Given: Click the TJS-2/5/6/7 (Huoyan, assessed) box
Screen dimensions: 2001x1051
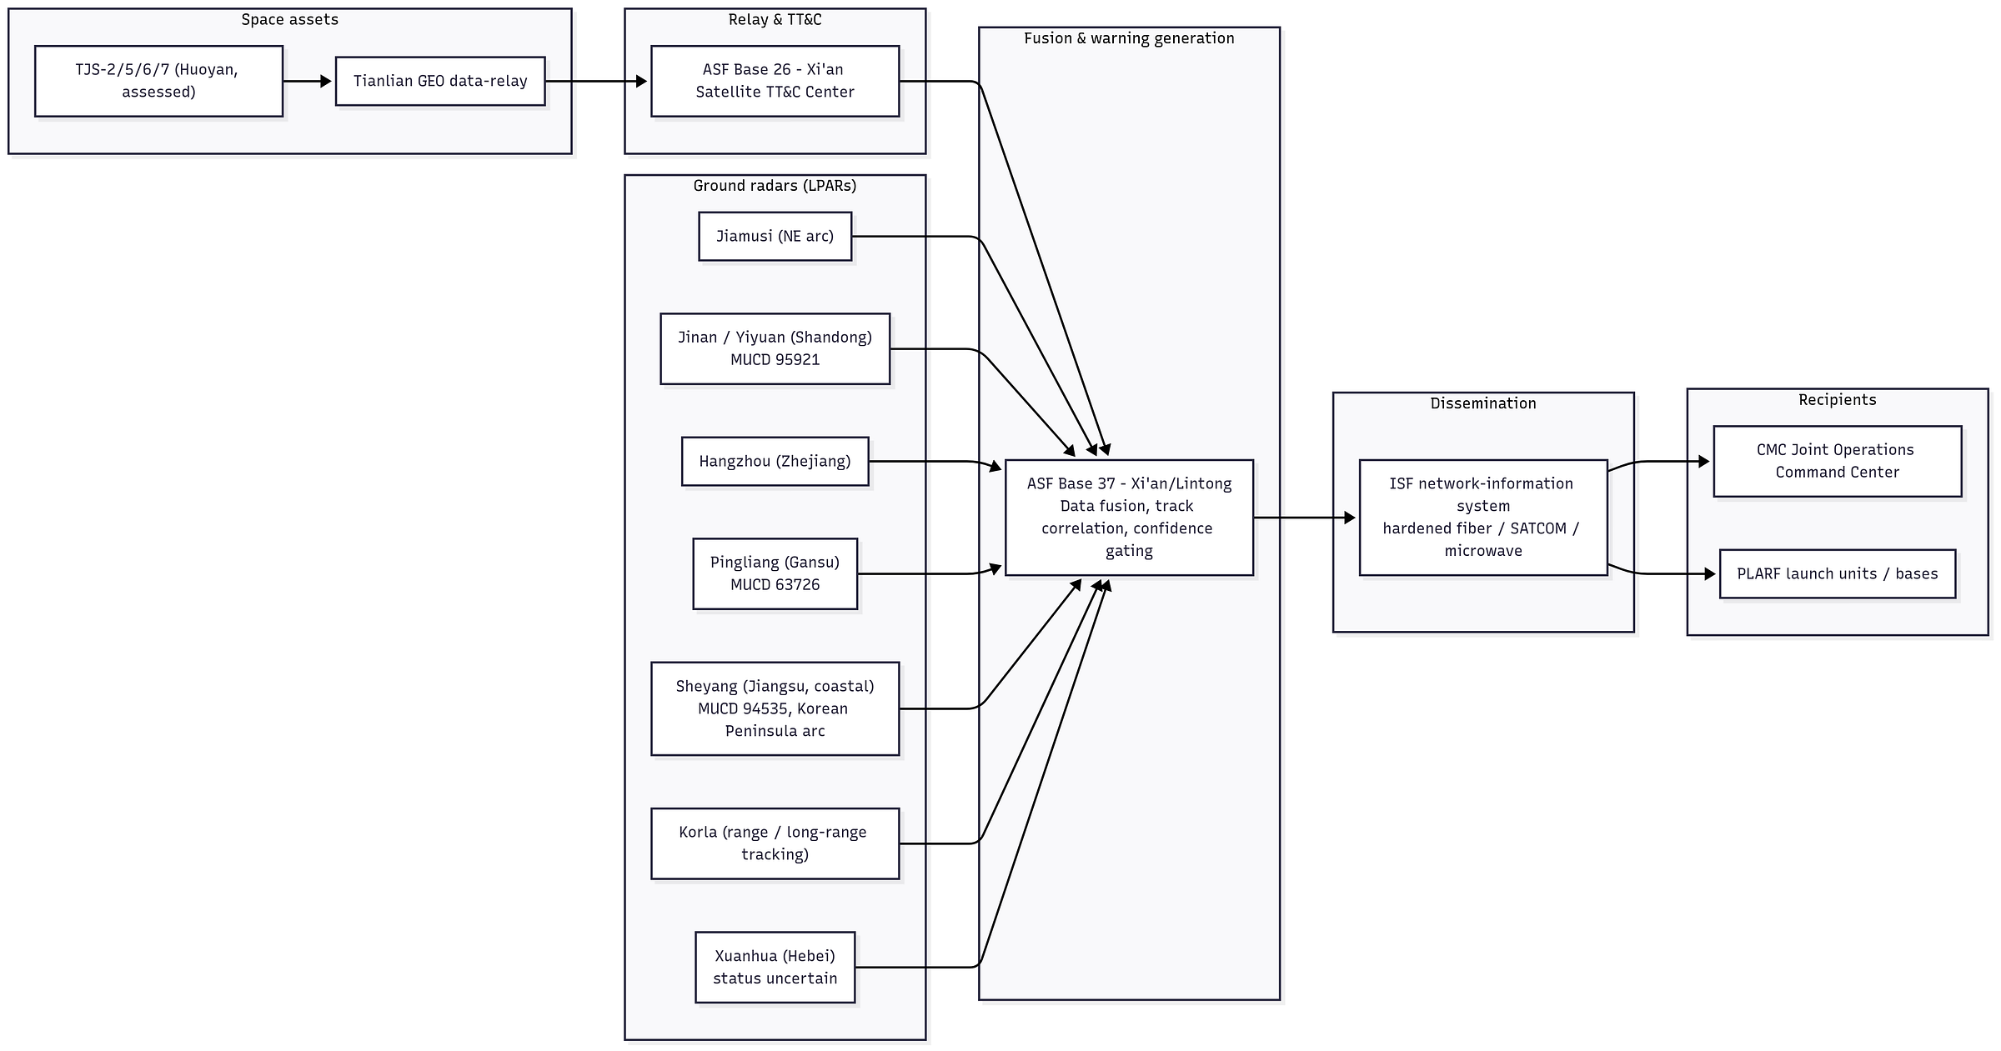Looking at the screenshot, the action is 158,81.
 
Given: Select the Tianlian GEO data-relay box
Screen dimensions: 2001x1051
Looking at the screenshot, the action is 440,81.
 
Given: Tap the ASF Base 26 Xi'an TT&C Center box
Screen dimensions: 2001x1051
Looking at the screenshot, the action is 775,81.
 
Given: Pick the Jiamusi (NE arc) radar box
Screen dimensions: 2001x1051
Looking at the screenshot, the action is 775,236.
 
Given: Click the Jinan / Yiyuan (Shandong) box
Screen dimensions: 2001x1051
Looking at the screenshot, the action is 775,348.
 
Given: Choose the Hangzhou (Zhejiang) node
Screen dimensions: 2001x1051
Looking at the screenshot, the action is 775,461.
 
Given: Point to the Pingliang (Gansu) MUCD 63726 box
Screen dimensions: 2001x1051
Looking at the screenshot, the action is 775,573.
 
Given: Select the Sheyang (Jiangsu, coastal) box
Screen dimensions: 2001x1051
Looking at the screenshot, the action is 775,708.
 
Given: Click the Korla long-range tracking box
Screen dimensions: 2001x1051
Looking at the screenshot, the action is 775,843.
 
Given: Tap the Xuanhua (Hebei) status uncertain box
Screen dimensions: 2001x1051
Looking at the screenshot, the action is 775,967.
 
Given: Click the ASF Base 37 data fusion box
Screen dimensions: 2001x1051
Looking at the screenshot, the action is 1129,518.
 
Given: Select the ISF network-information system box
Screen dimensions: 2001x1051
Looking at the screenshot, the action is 1483,518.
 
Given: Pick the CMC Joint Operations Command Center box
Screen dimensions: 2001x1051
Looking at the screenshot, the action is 1838,461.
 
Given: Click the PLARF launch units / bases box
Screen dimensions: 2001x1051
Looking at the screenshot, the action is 1838,573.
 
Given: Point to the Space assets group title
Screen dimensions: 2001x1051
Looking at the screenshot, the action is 290,19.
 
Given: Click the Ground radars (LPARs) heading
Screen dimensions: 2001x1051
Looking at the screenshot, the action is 775,185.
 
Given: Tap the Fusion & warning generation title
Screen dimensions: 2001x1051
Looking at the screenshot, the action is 1129,38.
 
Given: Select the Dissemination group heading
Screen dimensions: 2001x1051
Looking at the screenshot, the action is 1483,403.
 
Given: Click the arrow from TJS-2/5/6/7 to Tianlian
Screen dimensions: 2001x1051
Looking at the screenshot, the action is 308,81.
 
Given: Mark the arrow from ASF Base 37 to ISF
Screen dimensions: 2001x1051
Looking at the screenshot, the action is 1305,518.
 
